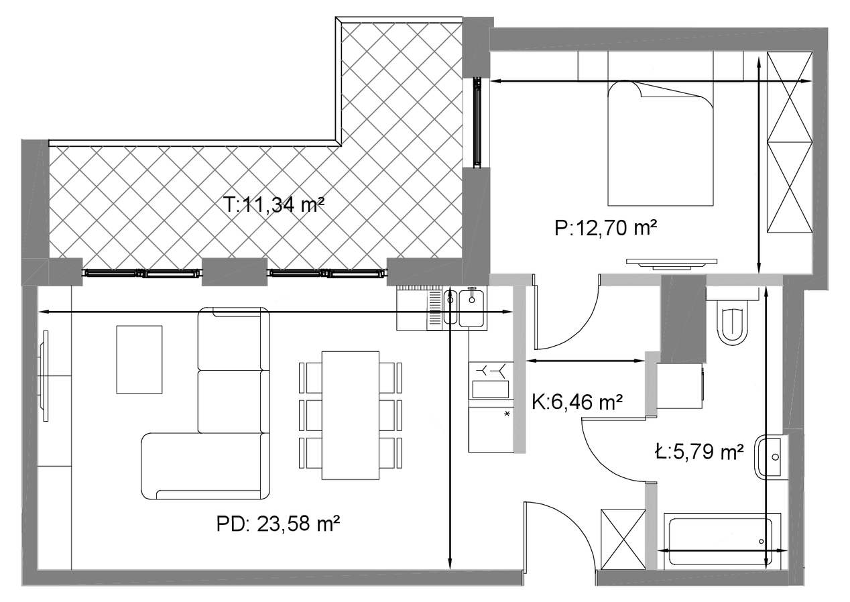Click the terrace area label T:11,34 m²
tap(274, 205)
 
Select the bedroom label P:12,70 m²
tap(605, 229)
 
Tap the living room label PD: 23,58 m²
tap(278, 524)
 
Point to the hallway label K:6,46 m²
tap(577, 402)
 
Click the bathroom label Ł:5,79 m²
tap(699, 451)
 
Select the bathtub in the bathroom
tap(722, 541)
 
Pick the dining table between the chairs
tap(351, 415)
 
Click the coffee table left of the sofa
tap(139, 359)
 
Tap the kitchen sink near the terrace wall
tap(464, 308)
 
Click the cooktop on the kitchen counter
tap(491, 380)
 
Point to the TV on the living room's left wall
tap(45, 376)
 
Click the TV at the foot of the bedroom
tap(672, 264)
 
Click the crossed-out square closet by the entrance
tap(623, 539)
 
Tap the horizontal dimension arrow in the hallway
tap(586, 361)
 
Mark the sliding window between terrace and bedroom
tap(478, 122)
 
